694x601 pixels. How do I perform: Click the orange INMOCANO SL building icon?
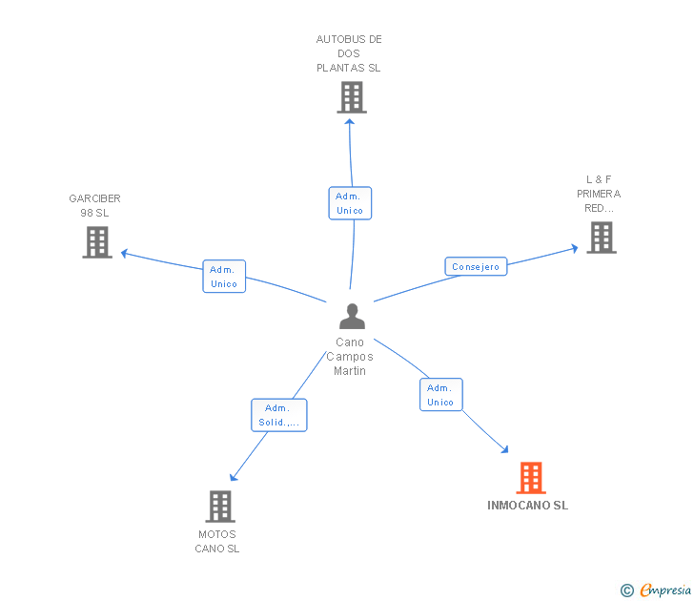pos(530,478)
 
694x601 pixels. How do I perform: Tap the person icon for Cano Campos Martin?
pos(352,316)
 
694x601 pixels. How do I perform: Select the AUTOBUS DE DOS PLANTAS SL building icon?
pos(351,97)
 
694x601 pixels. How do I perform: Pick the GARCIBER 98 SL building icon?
pos(97,242)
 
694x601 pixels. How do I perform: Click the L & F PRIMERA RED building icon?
pos(601,238)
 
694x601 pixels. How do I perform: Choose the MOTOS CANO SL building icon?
pos(220,507)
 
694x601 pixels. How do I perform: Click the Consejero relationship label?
pos(476,267)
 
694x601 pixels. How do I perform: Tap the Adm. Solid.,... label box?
pos(279,415)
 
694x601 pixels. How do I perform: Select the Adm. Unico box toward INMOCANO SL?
pos(440,395)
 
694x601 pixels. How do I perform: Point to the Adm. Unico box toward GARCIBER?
pos(224,277)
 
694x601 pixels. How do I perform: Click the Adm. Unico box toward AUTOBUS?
pos(350,203)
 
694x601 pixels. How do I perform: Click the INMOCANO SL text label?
pos(527,506)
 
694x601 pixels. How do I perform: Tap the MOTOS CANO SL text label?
pos(217,541)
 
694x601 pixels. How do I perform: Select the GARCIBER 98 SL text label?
pos(94,205)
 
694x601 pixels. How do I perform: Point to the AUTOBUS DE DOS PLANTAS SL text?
pos(349,53)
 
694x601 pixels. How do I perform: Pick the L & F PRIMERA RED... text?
pos(599,194)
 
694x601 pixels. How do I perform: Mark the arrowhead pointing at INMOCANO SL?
pos(504,449)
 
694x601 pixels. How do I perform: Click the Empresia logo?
pos(664,591)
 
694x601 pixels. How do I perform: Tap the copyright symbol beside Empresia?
pos(626,591)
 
